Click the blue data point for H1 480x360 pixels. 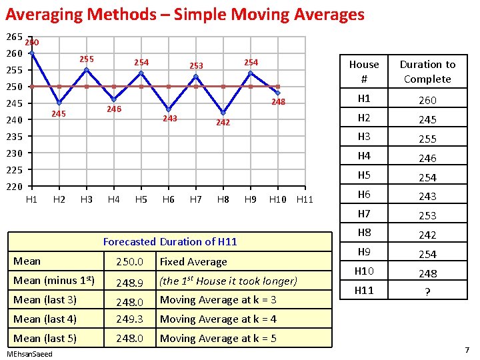click(x=32, y=53)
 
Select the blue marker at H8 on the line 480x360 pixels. click(x=223, y=113)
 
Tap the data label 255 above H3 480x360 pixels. click(x=87, y=59)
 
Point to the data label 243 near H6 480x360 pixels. click(x=170, y=119)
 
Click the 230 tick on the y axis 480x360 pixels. click(x=15, y=153)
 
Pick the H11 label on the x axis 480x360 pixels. click(x=305, y=199)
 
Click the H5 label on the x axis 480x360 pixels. click(x=141, y=199)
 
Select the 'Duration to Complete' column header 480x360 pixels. click(x=427, y=71)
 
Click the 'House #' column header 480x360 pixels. click(x=364, y=71)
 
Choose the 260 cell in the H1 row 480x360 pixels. click(x=427, y=101)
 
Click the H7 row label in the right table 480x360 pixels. click(x=364, y=215)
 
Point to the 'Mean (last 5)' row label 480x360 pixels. click(x=45, y=338)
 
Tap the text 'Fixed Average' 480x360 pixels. click(x=193, y=262)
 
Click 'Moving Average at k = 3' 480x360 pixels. click(x=218, y=300)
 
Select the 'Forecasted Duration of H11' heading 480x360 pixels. click(x=170, y=241)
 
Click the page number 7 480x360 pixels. click(x=467, y=350)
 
